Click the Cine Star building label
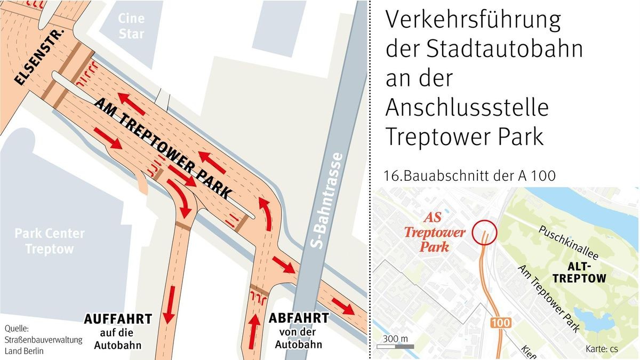pos(131,26)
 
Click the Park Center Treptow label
pos(50,241)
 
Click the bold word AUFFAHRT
pos(118,319)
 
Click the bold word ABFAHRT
pos(298,318)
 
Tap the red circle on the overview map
pos(484,233)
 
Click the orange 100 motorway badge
pos(500,323)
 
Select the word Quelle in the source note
pos(16,328)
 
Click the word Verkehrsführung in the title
pos(474,21)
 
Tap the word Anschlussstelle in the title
pos(467,108)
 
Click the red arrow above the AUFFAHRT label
pos(169,304)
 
